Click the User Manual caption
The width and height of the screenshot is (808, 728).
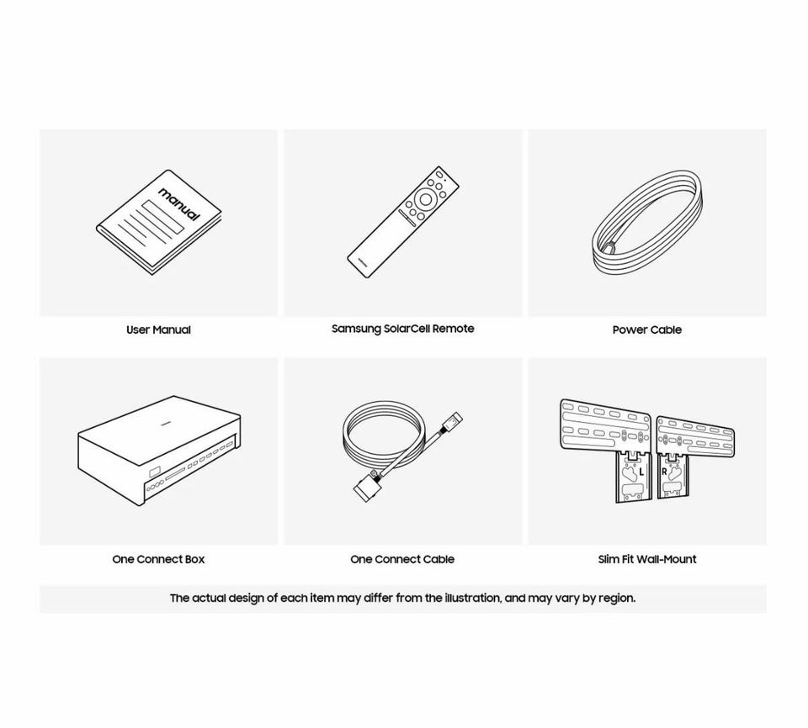[158, 330]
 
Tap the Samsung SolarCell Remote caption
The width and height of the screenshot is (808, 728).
[403, 329]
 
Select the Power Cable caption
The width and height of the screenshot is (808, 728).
[646, 330]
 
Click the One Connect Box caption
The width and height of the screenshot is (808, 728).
[158, 559]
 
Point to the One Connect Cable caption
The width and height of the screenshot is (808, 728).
[402, 559]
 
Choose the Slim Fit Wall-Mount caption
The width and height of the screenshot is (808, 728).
[647, 559]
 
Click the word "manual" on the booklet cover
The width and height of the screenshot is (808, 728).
[178, 204]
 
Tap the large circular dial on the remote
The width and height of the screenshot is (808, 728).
[426, 199]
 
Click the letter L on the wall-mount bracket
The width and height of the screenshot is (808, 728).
[641, 472]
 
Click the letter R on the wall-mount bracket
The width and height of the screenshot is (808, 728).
[664, 472]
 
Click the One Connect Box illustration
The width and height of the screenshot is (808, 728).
[159, 451]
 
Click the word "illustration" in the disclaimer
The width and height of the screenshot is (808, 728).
[472, 599]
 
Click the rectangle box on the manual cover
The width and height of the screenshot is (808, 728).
[162, 217]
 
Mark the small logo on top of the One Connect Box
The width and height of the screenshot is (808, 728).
[166, 424]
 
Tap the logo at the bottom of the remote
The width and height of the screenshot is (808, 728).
[363, 260]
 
